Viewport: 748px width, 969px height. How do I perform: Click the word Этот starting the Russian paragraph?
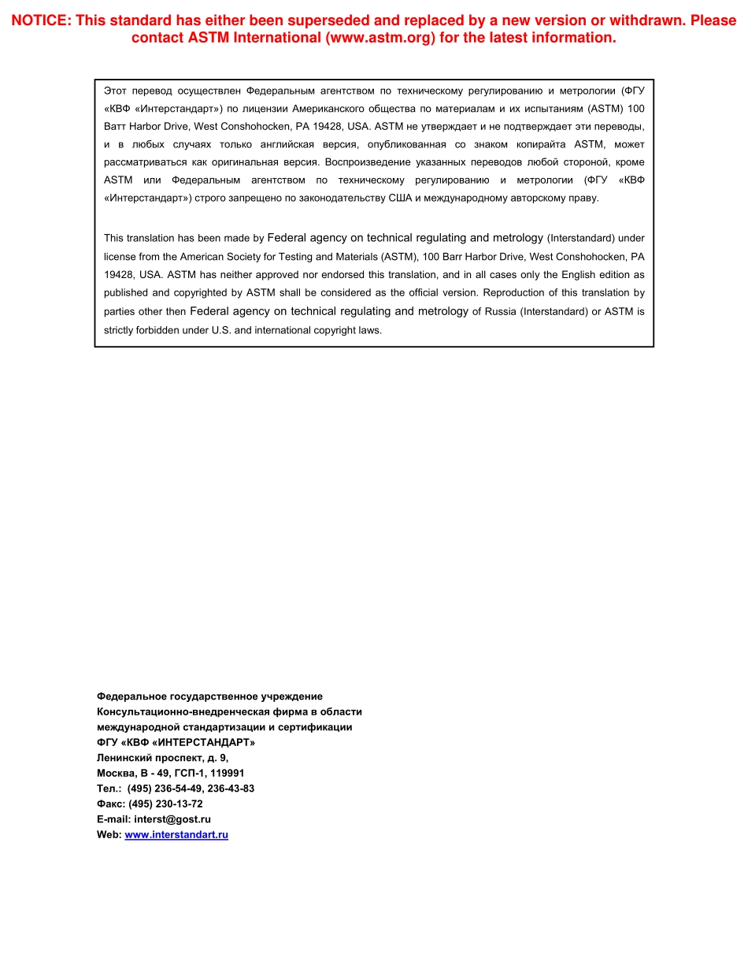116,91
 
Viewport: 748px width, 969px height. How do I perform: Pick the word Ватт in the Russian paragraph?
115,126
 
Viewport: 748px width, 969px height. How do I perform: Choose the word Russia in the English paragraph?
500,312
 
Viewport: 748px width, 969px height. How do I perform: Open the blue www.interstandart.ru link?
176,835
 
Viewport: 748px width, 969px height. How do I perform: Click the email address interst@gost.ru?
172,819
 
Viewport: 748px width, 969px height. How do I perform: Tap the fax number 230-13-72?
181,804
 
